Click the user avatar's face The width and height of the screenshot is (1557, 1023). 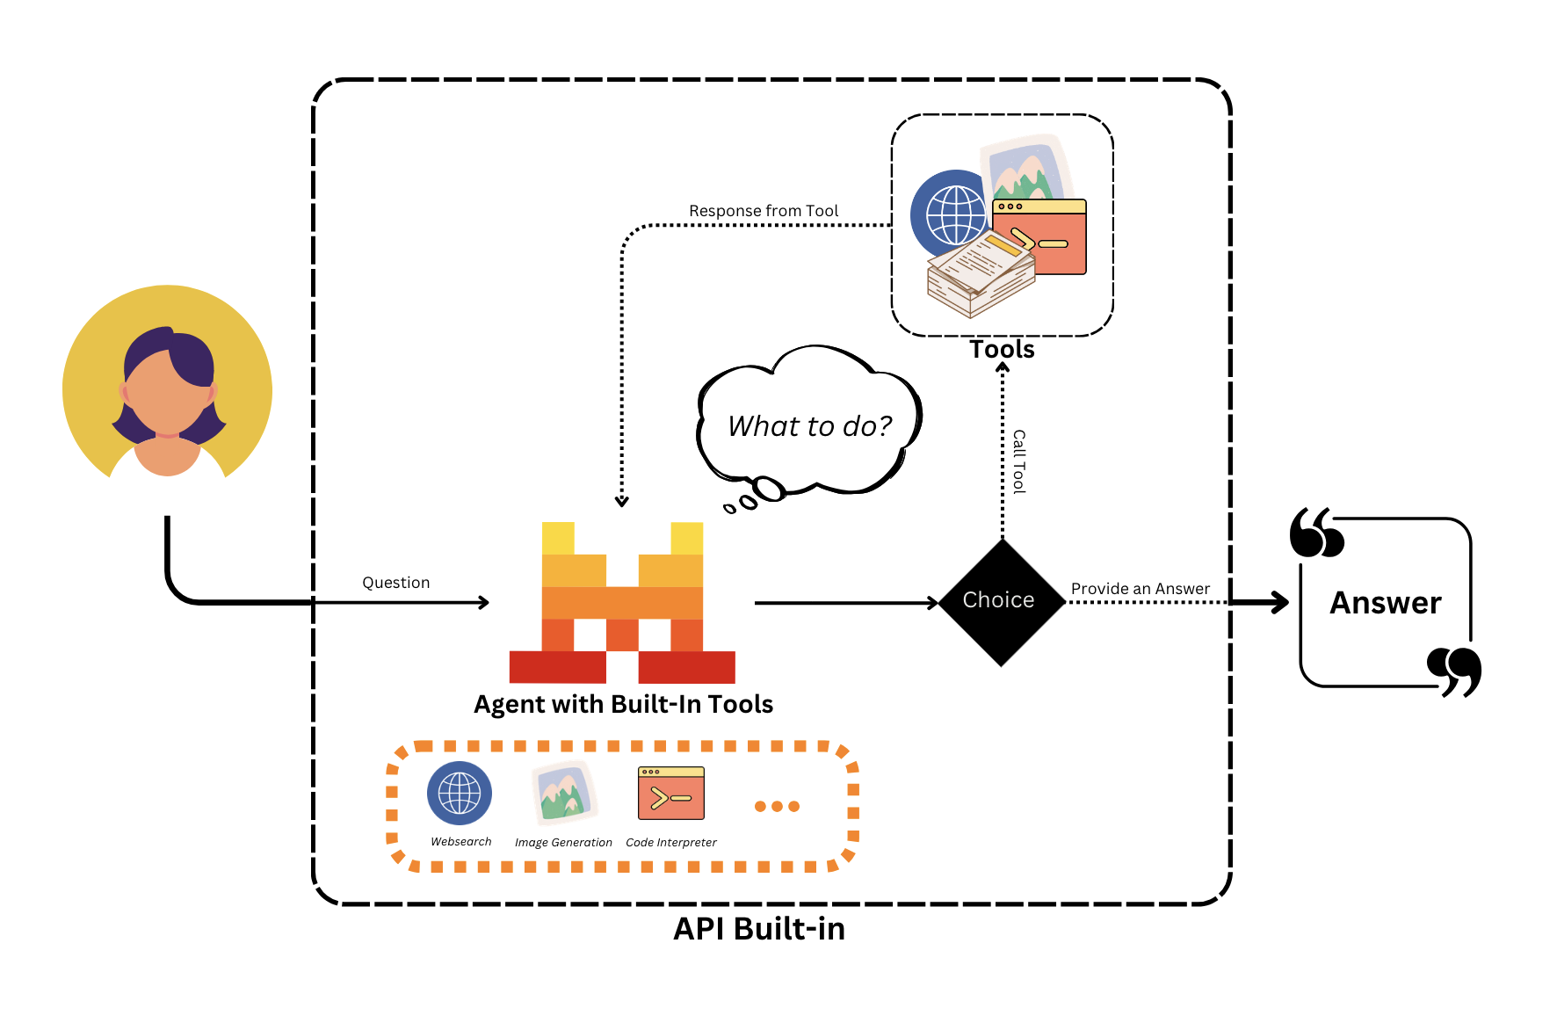pos(167,391)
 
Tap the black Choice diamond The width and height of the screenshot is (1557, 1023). pos(1001,602)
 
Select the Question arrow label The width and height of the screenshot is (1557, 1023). pos(395,583)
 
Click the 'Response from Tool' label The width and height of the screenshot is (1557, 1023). pos(763,211)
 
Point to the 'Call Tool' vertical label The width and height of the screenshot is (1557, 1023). pos(1018,461)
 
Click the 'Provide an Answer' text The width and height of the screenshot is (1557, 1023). pos(1140,589)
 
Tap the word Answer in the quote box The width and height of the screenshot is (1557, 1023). pos(1385,603)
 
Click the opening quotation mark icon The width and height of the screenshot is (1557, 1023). pos(1315,533)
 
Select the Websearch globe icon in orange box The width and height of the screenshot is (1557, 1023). pos(460,793)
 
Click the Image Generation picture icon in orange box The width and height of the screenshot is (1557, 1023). pos(563,793)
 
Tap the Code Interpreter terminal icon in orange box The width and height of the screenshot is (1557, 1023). pos(671,793)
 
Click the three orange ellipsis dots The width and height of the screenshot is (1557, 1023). pos(777,806)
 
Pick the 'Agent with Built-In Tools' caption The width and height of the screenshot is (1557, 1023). pos(623,704)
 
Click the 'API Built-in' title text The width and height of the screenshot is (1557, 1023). pos(758,929)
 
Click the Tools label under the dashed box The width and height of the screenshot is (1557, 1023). pos(1002,350)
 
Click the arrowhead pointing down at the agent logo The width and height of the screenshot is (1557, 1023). pos(622,502)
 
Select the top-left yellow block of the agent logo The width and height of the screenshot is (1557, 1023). pos(558,538)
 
